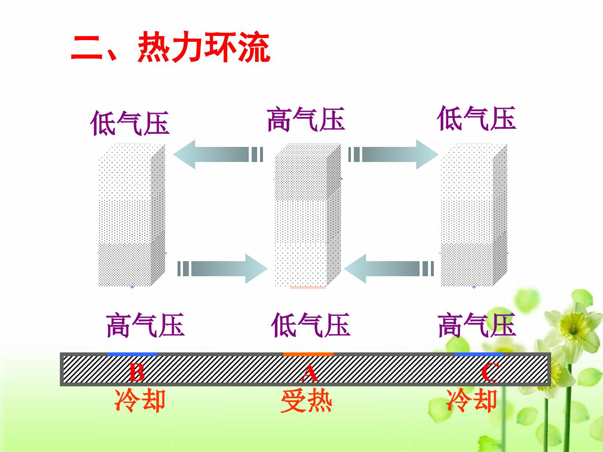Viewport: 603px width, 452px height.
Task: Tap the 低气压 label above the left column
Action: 130,123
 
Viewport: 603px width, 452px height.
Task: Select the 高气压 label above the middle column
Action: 306,119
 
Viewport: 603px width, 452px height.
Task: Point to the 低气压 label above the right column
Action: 477,118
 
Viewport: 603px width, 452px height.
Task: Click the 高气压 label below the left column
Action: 145,325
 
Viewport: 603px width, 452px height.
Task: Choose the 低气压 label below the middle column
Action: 310,325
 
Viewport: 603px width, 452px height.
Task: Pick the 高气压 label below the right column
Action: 477,325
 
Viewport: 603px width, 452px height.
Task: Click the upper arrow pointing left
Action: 218,154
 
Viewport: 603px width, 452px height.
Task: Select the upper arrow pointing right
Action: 393,154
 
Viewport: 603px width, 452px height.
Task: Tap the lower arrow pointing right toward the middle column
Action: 222,269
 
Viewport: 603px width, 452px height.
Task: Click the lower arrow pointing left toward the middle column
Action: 389,269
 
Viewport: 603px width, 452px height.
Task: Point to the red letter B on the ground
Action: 137,372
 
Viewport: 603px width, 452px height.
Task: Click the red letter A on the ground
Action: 309,372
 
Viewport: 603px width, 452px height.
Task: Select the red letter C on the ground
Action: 490,372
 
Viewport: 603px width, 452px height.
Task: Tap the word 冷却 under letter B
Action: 140,401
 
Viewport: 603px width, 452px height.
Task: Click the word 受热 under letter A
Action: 306,401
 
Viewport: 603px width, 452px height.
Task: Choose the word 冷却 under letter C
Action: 472,401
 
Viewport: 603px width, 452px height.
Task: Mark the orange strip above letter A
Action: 308,354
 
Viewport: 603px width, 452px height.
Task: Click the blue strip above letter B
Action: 132,354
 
